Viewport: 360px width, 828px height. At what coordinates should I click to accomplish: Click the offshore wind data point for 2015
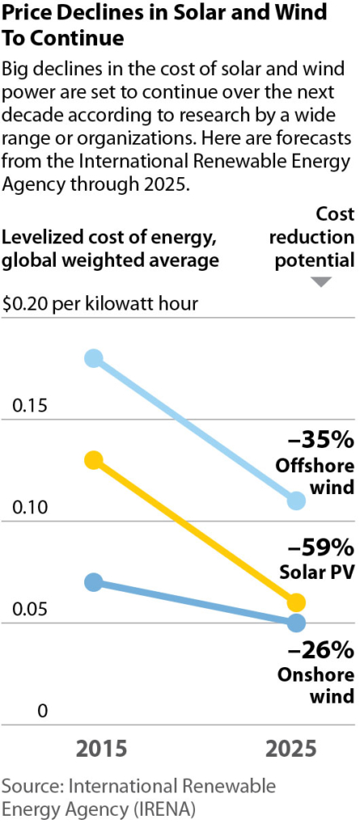point(94,358)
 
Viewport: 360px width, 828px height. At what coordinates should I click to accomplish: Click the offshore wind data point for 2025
point(297,501)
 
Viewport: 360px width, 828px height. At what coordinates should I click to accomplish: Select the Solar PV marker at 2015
point(94,460)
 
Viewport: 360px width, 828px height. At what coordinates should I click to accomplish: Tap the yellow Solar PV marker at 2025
point(297,602)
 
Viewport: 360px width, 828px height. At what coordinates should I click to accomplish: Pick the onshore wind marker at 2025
point(297,623)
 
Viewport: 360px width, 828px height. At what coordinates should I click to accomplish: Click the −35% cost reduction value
point(321,441)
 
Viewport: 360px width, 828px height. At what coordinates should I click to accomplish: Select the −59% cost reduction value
point(321,545)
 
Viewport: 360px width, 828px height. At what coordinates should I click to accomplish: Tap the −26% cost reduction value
point(321,650)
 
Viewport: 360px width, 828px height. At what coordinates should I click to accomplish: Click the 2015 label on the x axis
point(102,748)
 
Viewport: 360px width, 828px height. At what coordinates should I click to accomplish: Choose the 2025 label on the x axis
point(291,748)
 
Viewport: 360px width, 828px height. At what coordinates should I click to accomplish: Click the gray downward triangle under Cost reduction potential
point(322,282)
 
